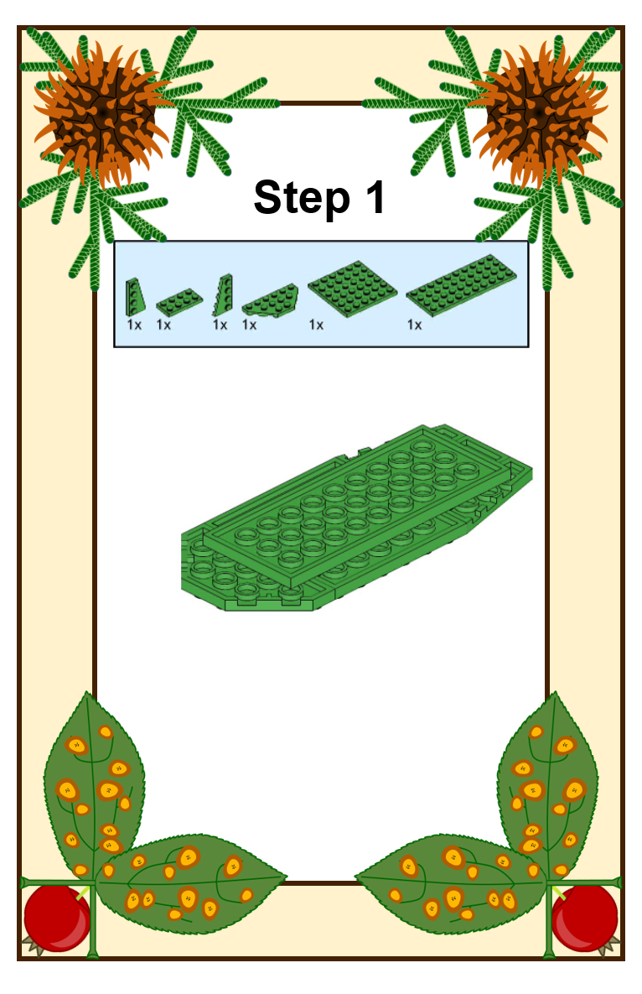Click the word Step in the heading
coord(302,199)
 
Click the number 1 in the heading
coord(375,197)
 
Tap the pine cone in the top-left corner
coord(101,114)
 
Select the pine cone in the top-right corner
coord(540,114)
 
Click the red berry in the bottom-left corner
coord(57,918)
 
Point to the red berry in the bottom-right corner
coord(584,918)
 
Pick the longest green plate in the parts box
coord(461,285)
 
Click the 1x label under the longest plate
coord(414,325)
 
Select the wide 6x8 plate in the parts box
coord(353,289)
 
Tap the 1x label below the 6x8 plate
coord(316,325)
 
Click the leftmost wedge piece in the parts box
coord(135,296)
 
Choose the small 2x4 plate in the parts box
coord(179,302)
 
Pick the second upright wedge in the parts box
coord(223,294)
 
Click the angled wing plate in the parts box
coord(271,299)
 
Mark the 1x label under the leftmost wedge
coord(134,325)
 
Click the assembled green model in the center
coord(356,518)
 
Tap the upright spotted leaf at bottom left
coord(95,785)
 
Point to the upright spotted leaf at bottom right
coord(547,785)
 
